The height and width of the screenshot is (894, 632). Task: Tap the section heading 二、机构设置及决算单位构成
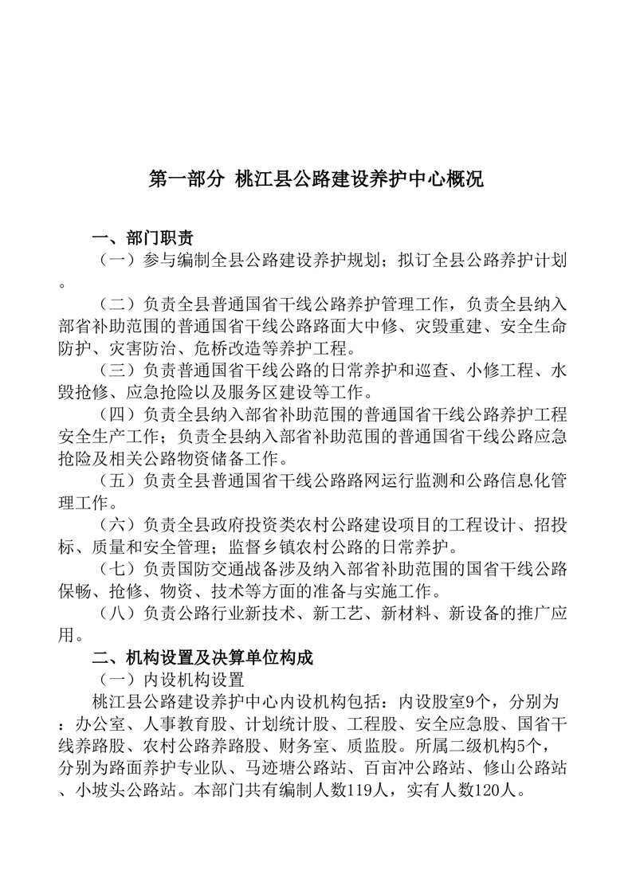(202, 657)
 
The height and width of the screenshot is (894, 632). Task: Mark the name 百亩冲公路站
(408, 769)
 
